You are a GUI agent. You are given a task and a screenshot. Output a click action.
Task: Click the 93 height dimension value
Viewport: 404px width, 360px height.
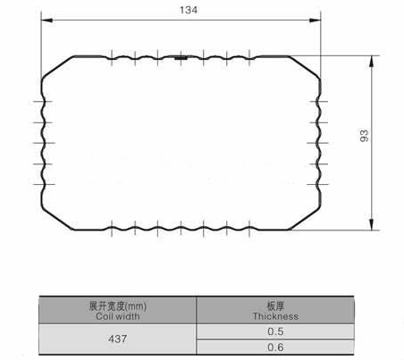[x=364, y=136]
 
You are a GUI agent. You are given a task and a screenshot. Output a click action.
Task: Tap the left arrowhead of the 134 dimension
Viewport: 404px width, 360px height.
[x=46, y=19]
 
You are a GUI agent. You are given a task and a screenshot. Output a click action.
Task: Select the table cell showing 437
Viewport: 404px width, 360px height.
[x=117, y=339]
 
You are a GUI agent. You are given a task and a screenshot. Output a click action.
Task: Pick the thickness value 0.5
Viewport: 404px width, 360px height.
[x=275, y=331]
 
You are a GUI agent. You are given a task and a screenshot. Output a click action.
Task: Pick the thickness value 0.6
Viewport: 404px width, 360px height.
[x=275, y=347]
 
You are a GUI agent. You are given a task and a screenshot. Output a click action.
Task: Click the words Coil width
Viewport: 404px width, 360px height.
[x=117, y=315]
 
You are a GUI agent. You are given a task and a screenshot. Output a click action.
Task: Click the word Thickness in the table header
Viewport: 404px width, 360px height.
[x=275, y=315]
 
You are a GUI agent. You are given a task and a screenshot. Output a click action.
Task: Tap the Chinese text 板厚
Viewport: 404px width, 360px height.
[x=275, y=306]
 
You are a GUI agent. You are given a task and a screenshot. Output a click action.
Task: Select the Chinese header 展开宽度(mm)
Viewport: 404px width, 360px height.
[x=117, y=306]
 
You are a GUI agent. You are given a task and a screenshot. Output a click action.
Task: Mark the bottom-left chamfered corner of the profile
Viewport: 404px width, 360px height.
[x=56, y=213]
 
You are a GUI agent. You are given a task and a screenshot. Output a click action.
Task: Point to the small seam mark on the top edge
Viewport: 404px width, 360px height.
[x=182, y=58]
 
